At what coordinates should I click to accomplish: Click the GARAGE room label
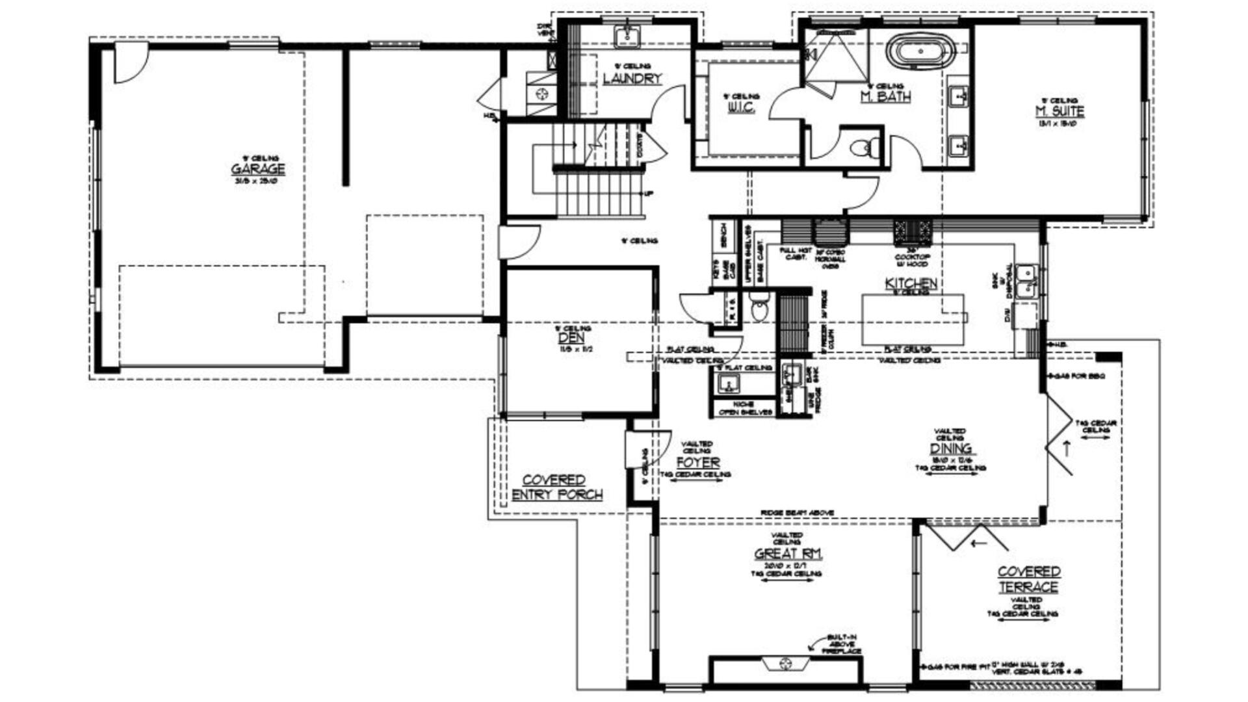pos(258,169)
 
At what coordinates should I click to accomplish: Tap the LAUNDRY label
pos(632,79)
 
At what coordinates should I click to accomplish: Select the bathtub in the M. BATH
pos(921,51)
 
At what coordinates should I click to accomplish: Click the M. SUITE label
pos(1059,112)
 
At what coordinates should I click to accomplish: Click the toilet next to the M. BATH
pos(863,148)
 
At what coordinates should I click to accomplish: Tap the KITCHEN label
pos(911,283)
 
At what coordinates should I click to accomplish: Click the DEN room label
pos(571,338)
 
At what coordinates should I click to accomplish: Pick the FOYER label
pos(697,463)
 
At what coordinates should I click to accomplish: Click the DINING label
pos(950,448)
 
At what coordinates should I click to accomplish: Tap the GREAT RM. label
pos(788,554)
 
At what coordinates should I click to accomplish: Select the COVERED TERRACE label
pos(1028,579)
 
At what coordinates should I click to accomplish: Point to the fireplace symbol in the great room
pos(785,664)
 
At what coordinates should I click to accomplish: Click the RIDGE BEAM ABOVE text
pos(797,513)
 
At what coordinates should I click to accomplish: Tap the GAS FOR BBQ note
pos(1078,376)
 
